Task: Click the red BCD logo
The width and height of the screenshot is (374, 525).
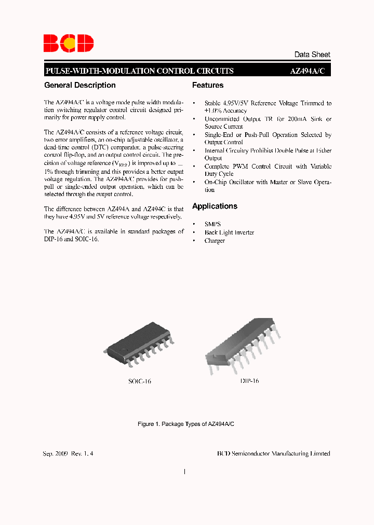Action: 68,43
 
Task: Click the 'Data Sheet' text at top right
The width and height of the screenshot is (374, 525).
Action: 312,54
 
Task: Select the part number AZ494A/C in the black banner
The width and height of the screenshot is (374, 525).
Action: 307,71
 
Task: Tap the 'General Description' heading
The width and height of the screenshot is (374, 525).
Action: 80,85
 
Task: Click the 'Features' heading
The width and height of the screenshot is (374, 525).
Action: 208,85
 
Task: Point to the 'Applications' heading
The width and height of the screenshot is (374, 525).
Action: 215,206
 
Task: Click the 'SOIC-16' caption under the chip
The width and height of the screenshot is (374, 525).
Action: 140,381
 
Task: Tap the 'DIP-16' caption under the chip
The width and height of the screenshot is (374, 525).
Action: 249,381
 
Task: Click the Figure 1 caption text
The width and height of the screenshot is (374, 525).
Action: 186,424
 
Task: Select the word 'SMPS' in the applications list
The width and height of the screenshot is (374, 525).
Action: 212,224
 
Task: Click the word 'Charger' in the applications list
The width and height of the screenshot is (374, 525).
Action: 215,241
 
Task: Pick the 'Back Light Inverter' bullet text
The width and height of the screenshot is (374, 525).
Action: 229,232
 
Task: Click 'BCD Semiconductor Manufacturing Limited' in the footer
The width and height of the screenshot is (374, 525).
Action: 273,453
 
